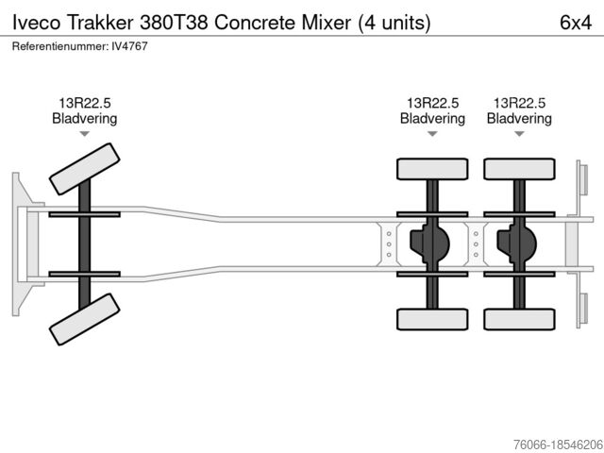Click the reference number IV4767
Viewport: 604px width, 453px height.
(128, 45)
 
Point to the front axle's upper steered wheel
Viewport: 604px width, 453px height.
(84, 168)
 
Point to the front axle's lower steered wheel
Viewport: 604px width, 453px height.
(84, 319)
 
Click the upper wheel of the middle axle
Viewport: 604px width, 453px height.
(432, 169)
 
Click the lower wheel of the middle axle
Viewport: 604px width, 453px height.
(432, 319)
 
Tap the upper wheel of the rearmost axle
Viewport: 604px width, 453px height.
(519, 169)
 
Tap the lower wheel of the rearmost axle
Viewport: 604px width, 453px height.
(519, 319)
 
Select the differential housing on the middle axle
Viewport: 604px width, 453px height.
(429, 243)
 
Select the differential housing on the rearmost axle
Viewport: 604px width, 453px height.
(516, 243)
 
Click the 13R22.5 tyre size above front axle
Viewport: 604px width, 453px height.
(84, 103)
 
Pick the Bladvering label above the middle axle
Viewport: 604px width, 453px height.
(432, 119)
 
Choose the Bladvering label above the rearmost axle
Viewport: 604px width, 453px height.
(519, 119)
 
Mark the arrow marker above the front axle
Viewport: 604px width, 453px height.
(84, 134)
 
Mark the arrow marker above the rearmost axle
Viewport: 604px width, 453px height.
(519, 134)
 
